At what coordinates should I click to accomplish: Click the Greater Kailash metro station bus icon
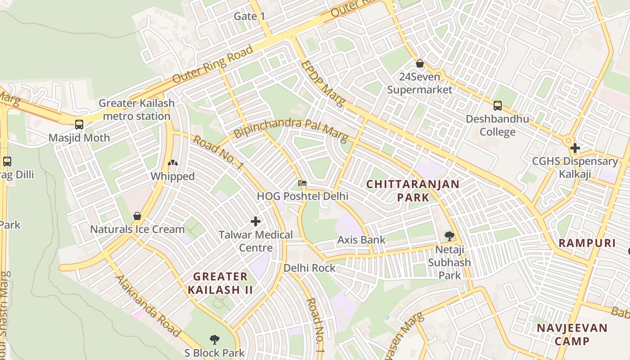point(79,125)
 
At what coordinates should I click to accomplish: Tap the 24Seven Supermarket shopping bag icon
point(420,63)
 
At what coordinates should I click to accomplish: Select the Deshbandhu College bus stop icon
point(497,106)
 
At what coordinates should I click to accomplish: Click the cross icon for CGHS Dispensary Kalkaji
point(575,148)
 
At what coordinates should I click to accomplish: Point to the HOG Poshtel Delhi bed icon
point(302,183)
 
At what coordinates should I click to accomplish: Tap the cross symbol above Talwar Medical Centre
point(256,221)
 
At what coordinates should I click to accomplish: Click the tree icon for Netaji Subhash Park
point(449,236)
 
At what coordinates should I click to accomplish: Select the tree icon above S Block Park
point(214,340)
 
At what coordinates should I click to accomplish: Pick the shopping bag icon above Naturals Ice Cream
point(137,216)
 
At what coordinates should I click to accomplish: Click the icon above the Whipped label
point(172,163)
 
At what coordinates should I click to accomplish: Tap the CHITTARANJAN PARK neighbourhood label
point(413,191)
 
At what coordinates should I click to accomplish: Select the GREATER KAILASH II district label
point(220,283)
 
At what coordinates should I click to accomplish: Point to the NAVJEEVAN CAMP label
point(572,334)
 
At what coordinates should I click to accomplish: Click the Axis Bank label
point(361,240)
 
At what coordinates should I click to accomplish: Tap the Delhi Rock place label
point(310,268)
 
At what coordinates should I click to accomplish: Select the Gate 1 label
point(250,17)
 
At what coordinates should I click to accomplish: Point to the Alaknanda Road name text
point(148,306)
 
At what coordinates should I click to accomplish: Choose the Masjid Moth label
point(79,138)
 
